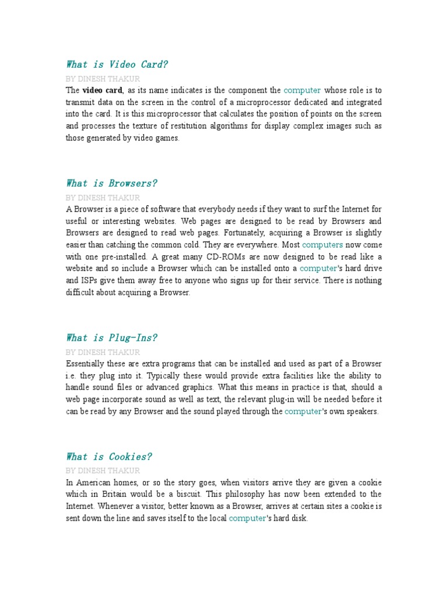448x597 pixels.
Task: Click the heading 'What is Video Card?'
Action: pos(117,64)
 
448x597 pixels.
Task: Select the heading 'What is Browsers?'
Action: pos(111,183)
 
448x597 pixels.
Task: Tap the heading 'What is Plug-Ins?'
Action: pos(111,338)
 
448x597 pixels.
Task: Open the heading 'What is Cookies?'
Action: pos(109,456)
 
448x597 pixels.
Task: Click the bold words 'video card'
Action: pos(102,90)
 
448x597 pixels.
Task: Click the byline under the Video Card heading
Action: pos(103,79)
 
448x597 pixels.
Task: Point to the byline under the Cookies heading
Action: pos(103,470)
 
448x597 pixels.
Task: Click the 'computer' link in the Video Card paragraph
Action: pos(302,90)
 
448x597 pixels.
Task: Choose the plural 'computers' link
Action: pos(323,245)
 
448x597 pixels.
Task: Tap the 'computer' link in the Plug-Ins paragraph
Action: pos(303,412)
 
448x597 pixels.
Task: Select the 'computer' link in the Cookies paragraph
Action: pos(247,518)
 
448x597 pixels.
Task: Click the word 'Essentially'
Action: pos(86,364)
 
